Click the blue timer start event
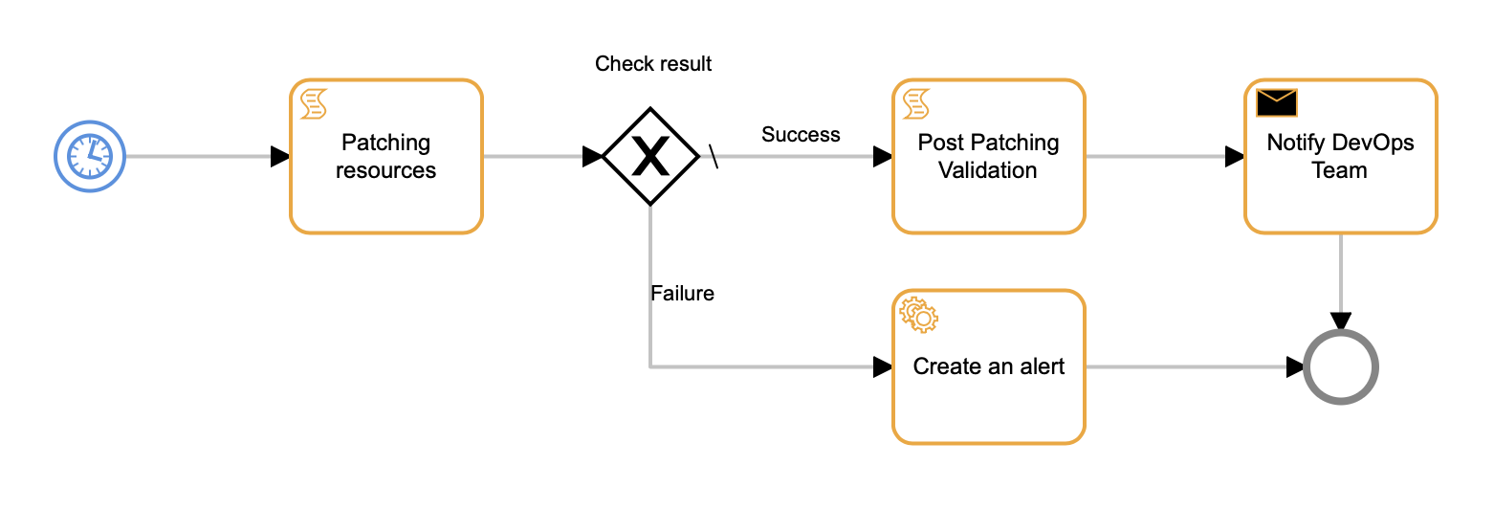(x=90, y=156)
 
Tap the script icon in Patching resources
(x=314, y=102)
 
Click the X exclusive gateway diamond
(x=650, y=156)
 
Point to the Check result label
(x=653, y=64)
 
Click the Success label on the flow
(x=801, y=135)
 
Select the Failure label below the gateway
(x=682, y=294)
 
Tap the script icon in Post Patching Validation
(x=916, y=102)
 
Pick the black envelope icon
(x=1276, y=101)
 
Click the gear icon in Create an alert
(x=918, y=314)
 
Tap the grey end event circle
(x=1341, y=366)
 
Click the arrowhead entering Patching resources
(x=280, y=156)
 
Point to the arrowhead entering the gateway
(x=592, y=156)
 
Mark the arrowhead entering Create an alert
(x=883, y=366)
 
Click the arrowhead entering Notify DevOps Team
(x=1235, y=156)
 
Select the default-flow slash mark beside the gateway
(x=714, y=156)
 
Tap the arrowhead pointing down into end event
(x=1341, y=321)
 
